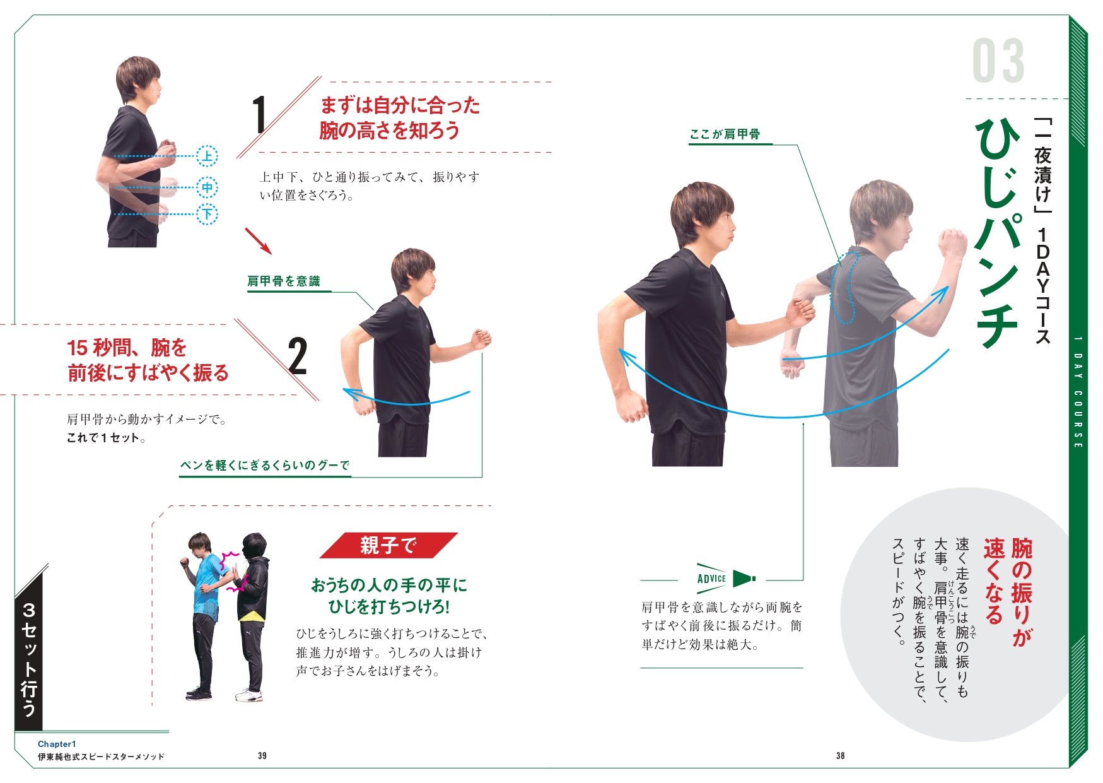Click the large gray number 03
tap(998, 61)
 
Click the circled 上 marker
tap(207, 156)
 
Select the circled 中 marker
tap(207, 187)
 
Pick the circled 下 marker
tap(207, 214)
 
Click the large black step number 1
tap(259, 115)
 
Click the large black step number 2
tap(297, 356)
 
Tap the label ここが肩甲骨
tap(725, 134)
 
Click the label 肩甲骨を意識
tap(283, 281)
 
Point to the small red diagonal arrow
tap(258, 241)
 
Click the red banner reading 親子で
tap(388, 545)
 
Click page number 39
tap(262, 755)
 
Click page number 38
tap(840, 755)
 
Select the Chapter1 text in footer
tap(57, 744)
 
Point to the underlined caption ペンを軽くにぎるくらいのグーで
tap(265, 466)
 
